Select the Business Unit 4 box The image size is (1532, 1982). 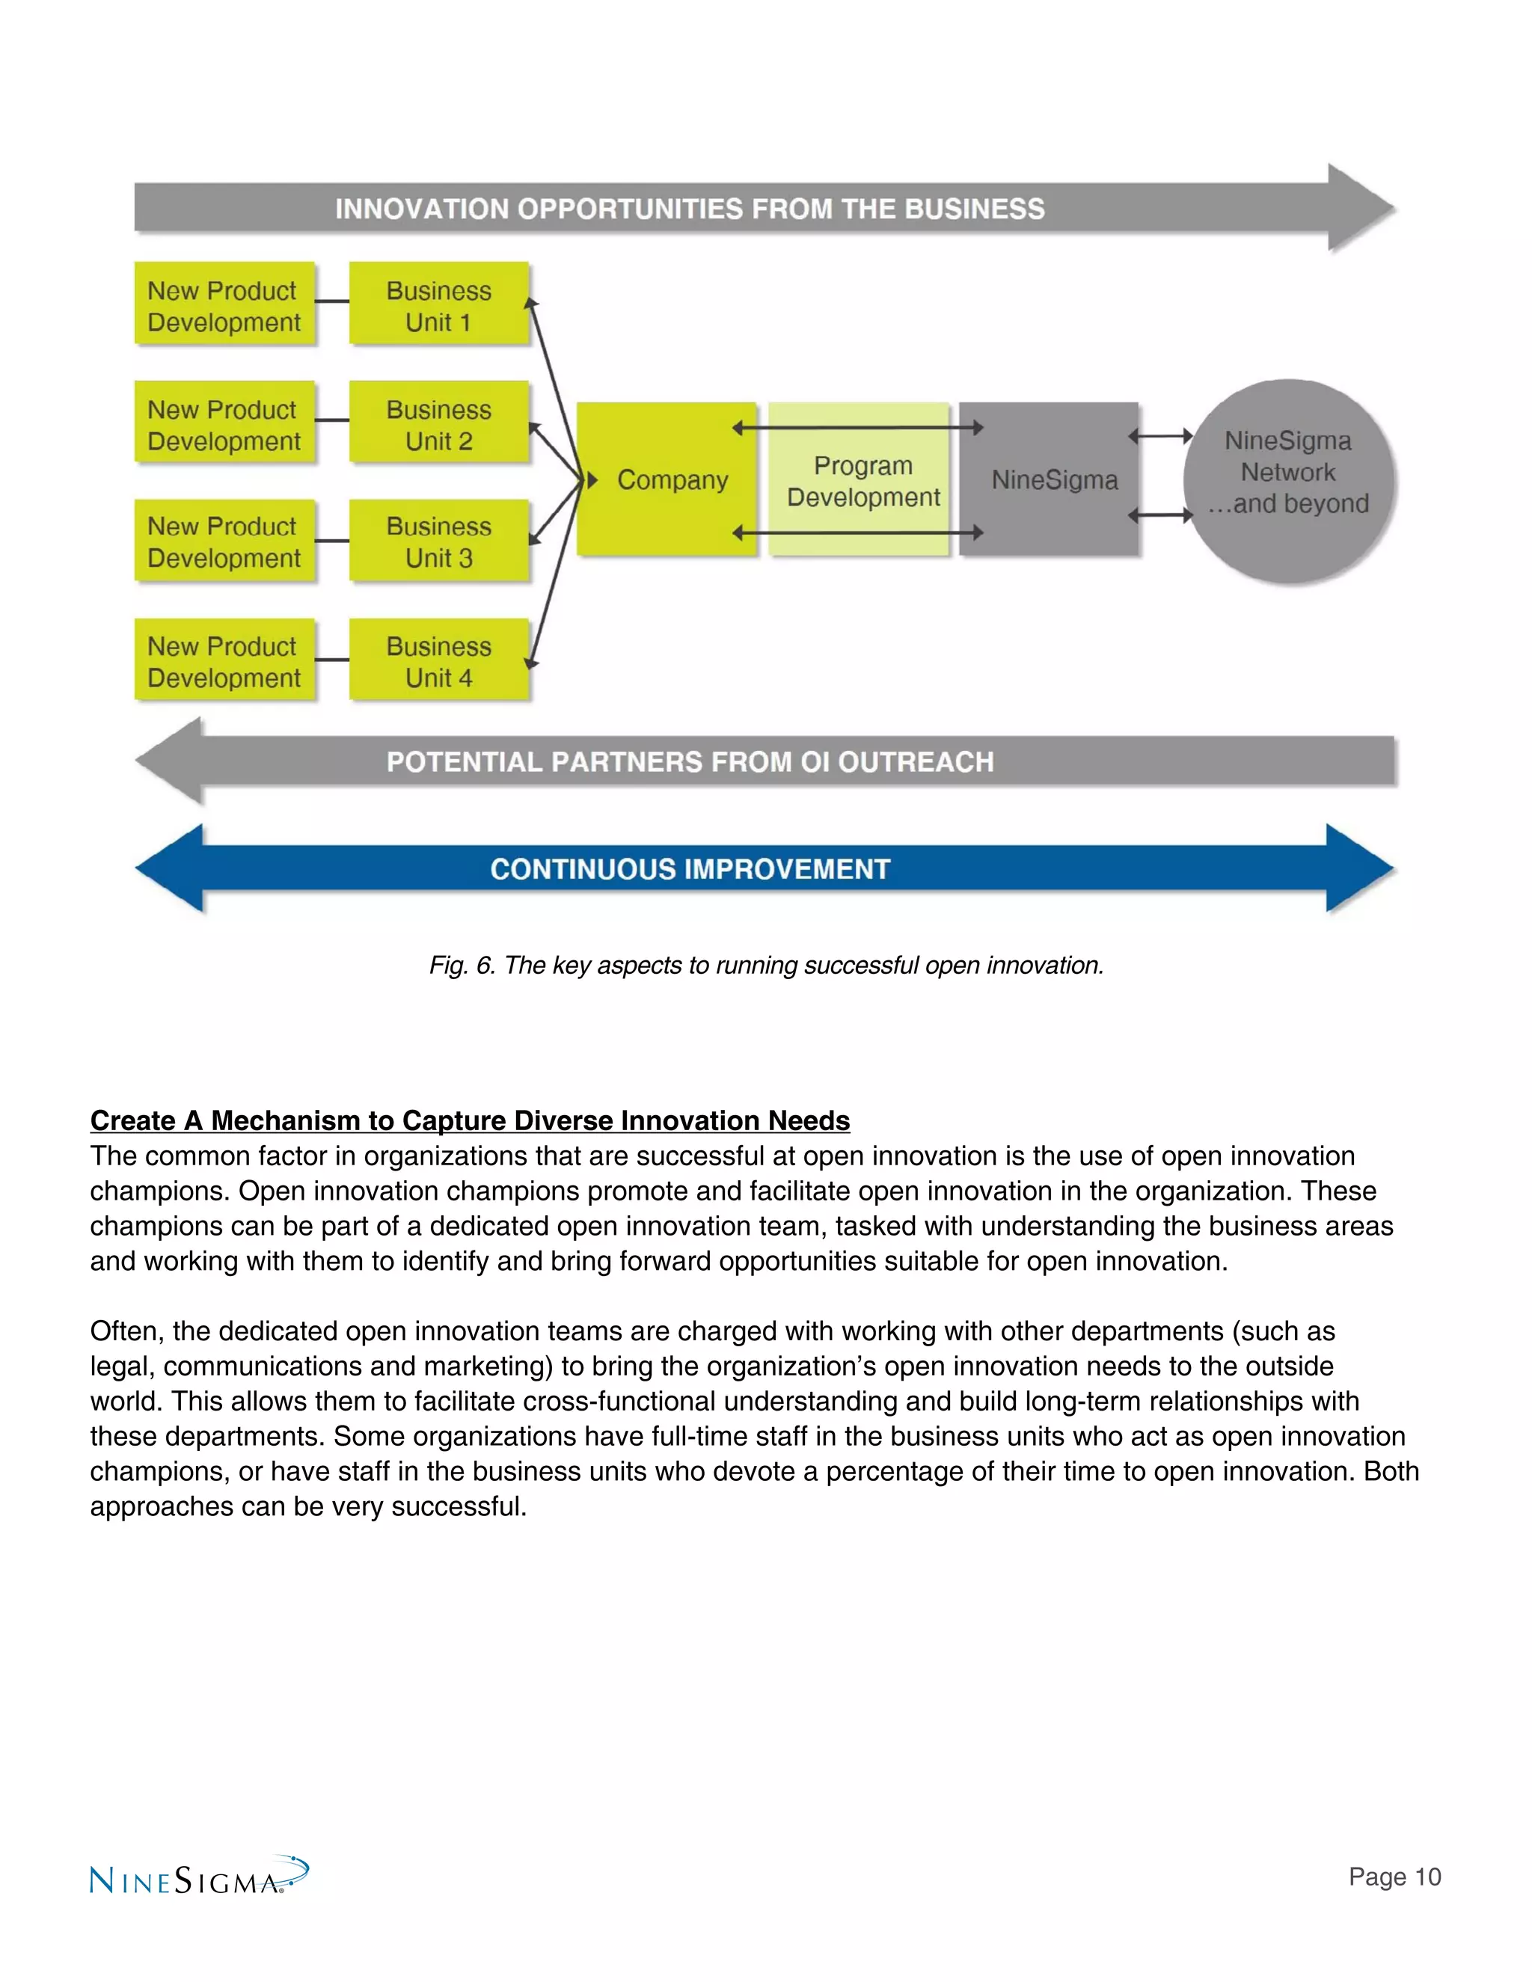[438, 660]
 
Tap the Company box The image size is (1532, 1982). [667, 479]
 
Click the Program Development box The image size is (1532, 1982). [860, 480]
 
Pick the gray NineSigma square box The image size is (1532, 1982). [1050, 479]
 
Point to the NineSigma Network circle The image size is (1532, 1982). [1288, 481]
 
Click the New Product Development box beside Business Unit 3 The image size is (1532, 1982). [224, 541]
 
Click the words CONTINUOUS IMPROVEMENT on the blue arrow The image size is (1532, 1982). [690, 869]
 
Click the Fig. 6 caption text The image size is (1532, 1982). [766, 965]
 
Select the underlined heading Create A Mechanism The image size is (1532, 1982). [469, 1121]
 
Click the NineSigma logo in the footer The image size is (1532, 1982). [197, 1877]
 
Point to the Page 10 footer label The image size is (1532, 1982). [1394, 1877]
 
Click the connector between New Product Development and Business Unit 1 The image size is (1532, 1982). [332, 301]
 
